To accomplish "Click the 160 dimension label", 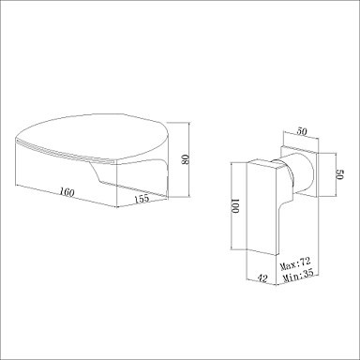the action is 67,192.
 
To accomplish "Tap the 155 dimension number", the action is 142,199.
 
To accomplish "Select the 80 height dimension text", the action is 185,159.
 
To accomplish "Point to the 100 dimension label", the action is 235,205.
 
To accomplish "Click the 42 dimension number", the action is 262,277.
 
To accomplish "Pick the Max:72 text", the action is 295,264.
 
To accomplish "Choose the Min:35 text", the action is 298,276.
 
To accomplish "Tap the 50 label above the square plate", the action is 301,131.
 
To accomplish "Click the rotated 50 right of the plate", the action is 339,174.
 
